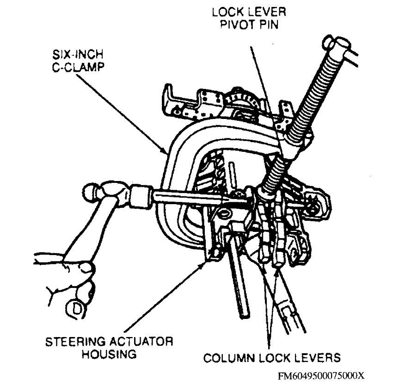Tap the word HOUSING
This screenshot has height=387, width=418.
pyautogui.click(x=109, y=356)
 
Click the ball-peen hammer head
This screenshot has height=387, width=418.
pyautogui.click(x=106, y=192)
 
